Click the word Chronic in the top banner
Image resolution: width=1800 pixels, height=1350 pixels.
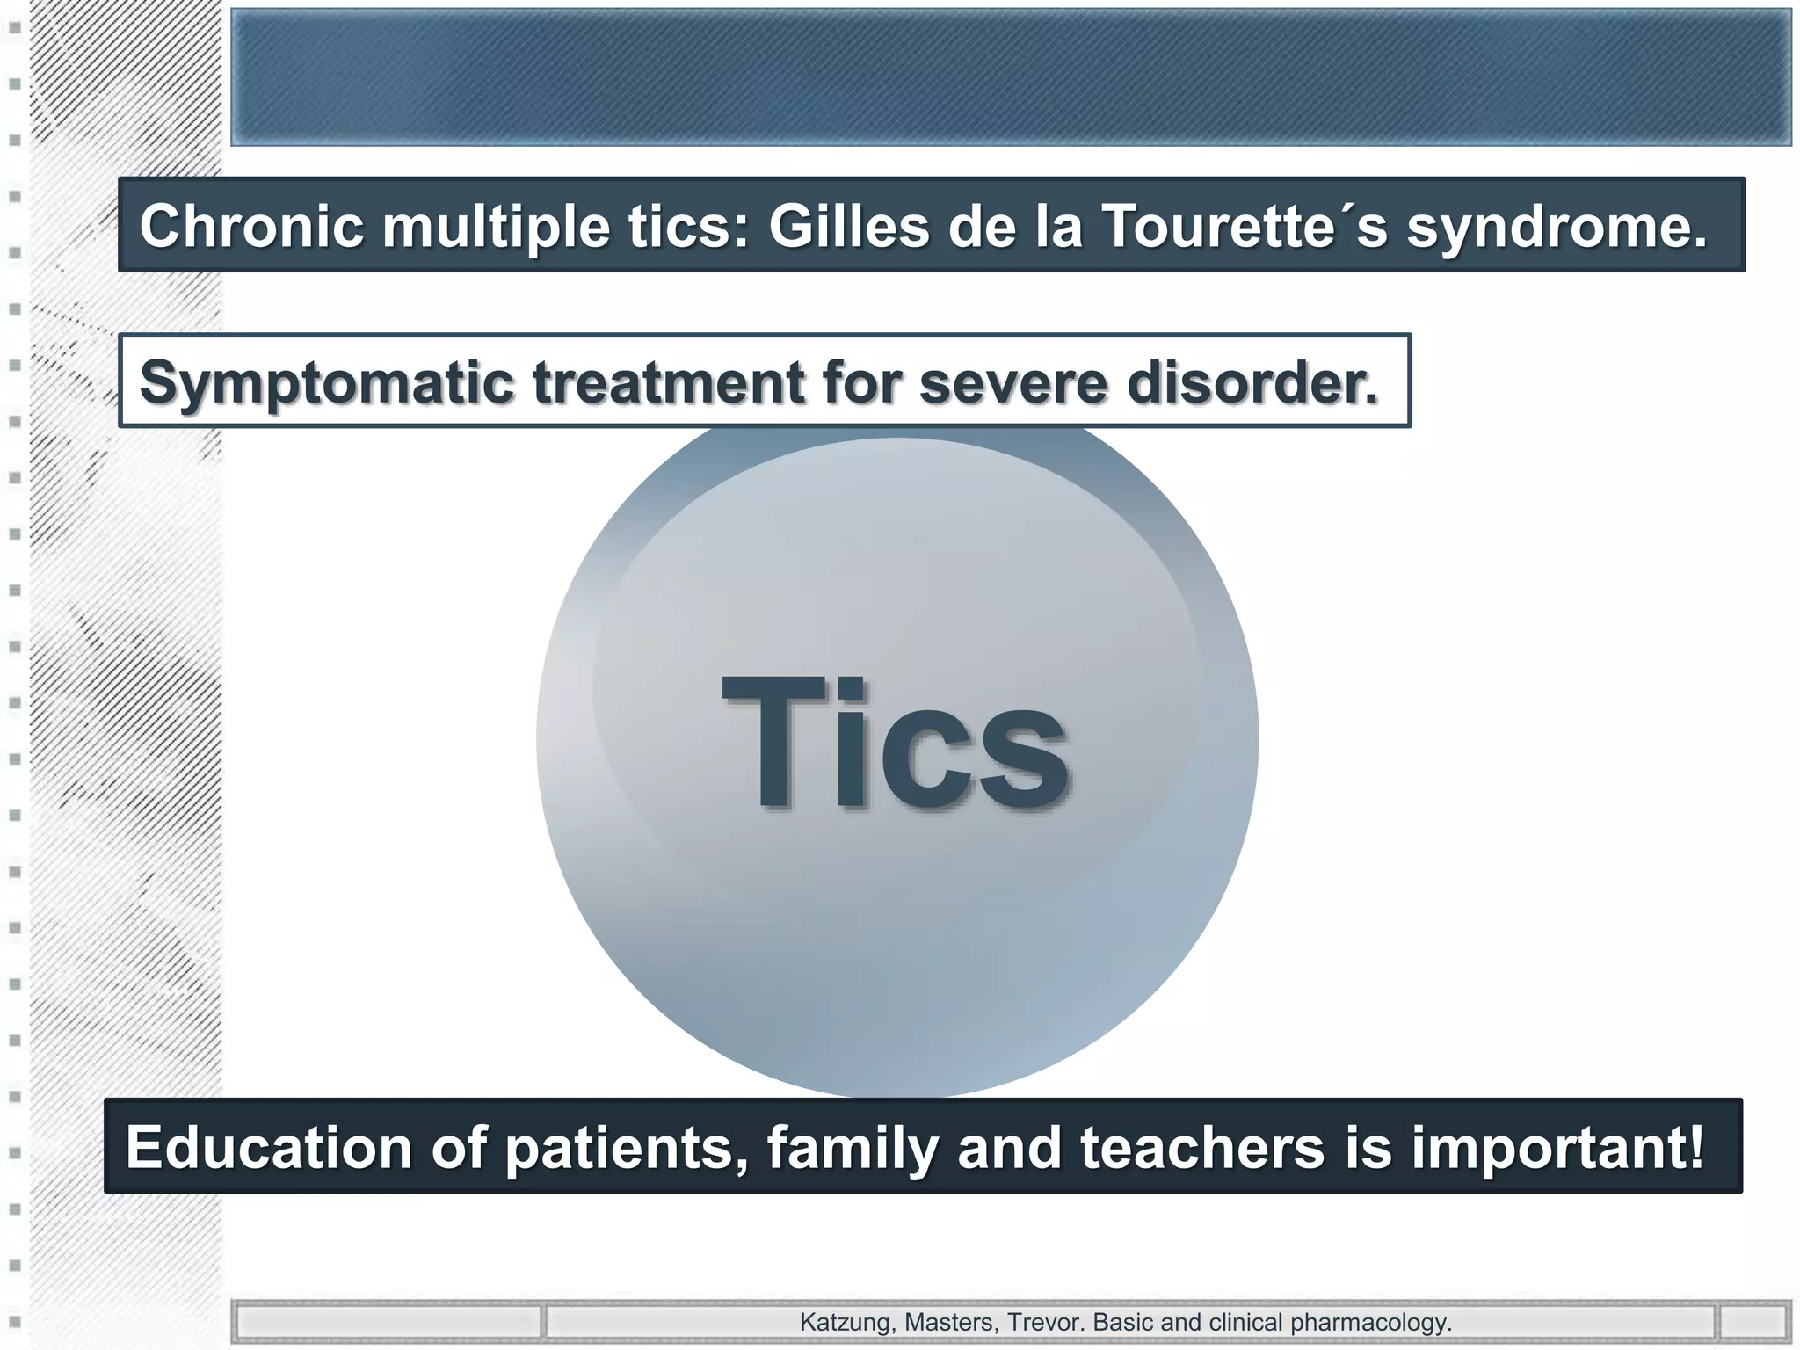(251, 227)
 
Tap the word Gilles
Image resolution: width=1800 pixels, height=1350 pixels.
(849, 227)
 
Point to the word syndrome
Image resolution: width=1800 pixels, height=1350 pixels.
(1557, 227)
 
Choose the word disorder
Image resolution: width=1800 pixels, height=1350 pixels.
(1252, 383)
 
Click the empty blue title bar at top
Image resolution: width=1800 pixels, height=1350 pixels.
(1011, 77)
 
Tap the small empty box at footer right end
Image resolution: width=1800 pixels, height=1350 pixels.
(1753, 1322)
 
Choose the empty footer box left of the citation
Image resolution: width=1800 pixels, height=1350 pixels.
(388, 1322)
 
